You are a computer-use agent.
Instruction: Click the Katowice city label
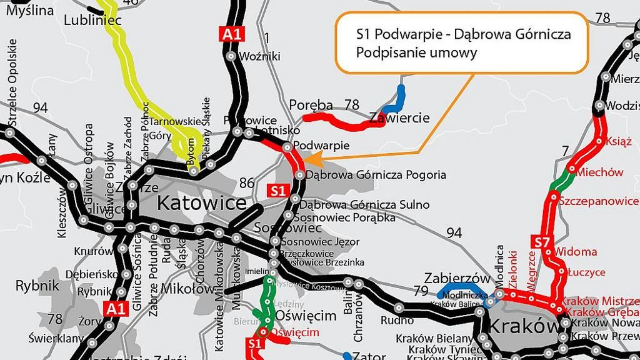click(x=201, y=203)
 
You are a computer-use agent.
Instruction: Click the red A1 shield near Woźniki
click(x=231, y=34)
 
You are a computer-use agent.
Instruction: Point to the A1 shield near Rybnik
click(x=117, y=308)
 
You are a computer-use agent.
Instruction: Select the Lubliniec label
click(x=92, y=21)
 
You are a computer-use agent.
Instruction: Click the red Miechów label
click(x=600, y=172)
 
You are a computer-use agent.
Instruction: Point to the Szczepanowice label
click(x=599, y=201)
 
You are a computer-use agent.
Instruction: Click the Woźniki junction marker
click(x=231, y=56)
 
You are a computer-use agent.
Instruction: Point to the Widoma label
click(x=576, y=252)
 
